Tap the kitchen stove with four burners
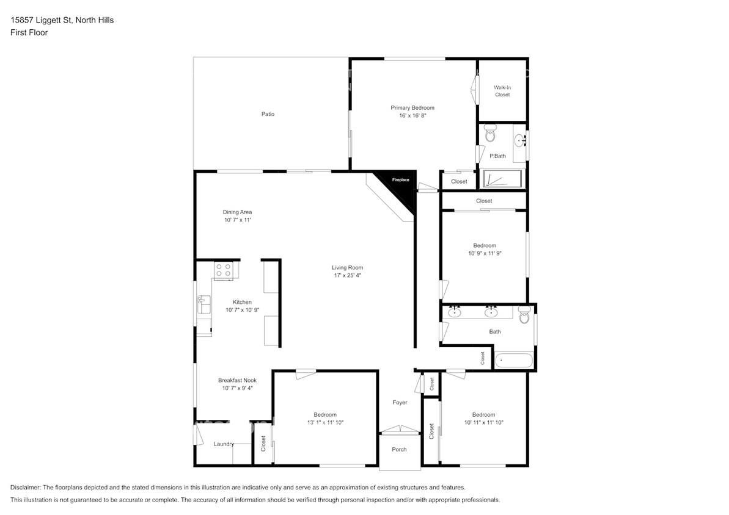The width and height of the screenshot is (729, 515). tap(223, 270)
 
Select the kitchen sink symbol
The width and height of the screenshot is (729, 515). tap(203, 303)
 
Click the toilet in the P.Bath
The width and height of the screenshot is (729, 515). tap(489, 133)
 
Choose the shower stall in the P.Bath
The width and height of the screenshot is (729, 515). tap(502, 179)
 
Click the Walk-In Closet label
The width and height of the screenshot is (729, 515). tap(502, 91)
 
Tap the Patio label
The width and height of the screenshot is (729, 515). tap(268, 114)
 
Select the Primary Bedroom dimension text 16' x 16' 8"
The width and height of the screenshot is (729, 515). tap(412, 115)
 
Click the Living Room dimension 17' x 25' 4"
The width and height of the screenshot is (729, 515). tap(347, 275)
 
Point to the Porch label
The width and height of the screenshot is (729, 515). tap(399, 450)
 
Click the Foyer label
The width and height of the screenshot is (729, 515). tap(400, 402)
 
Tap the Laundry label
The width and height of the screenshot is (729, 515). tap(223, 444)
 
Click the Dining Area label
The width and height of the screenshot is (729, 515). tap(237, 212)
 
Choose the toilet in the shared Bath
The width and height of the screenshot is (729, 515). tap(524, 316)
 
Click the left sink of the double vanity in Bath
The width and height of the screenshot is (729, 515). tap(455, 312)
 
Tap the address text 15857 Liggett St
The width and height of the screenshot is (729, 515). tap(41, 20)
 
